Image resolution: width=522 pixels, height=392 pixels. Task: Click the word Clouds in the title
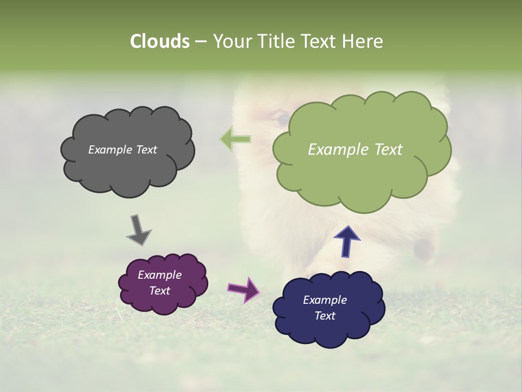pyautogui.click(x=159, y=41)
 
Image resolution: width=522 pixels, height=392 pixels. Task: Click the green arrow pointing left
pyautogui.click(x=235, y=139)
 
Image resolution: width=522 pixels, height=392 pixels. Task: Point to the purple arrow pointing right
pyautogui.click(x=244, y=289)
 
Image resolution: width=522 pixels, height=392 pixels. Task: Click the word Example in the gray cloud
pyautogui.click(x=110, y=150)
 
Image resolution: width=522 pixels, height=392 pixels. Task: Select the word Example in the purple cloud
pyautogui.click(x=159, y=275)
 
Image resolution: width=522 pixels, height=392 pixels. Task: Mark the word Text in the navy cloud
pyautogui.click(x=325, y=316)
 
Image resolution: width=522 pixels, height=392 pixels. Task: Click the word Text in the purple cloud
pyautogui.click(x=159, y=291)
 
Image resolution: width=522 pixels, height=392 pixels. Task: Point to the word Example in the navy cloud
pyautogui.click(x=325, y=300)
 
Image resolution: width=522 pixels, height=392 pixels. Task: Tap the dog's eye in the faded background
pyautogui.click(x=282, y=118)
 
